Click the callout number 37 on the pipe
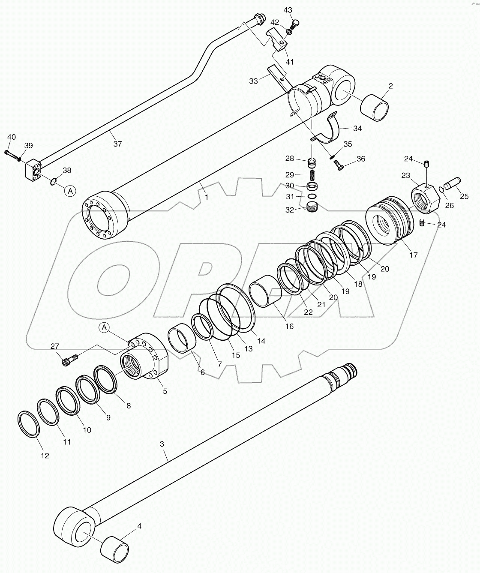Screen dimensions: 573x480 click(x=117, y=144)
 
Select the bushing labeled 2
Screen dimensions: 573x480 click(x=375, y=108)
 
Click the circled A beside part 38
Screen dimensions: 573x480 click(x=70, y=191)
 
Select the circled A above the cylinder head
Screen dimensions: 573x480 click(x=105, y=328)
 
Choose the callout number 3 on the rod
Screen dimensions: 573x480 click(x=162, y=444)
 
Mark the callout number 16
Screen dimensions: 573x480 click(x=289, y=326)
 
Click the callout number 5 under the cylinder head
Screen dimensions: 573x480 click(x=165, y=391)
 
